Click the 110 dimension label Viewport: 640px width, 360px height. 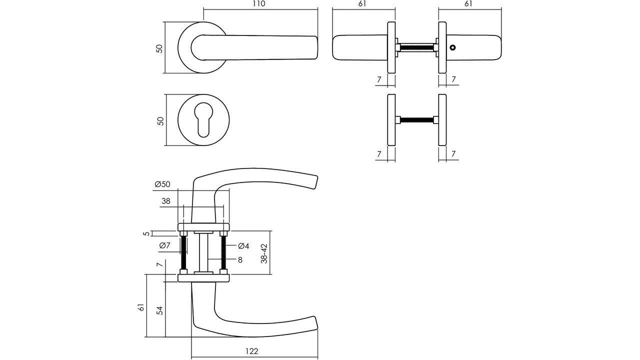click(x=258, y=4)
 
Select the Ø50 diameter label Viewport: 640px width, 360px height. click(x=162, y=184)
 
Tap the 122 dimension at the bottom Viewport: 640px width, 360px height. click(x=252, y=351)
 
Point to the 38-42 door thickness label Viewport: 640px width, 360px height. click(x=264, y=253)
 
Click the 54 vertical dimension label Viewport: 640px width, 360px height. click(x=160, y=310)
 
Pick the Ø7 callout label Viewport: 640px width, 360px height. click(x=165, y=245)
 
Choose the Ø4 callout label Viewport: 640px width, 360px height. click(x=243, y=246)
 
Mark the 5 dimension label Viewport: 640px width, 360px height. click(x=146, y=233)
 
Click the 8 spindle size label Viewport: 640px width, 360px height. click(x=240, y=259)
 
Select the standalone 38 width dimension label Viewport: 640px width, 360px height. click(x=166, y=201)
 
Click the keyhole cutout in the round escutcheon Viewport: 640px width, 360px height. click(x=203, y=119)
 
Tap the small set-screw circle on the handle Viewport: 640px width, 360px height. click(x=452, y=48)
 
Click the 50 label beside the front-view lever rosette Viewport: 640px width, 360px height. click(x=160, y=48)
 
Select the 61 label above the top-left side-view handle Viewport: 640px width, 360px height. click(x=362, y=4)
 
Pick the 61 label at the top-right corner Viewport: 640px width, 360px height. click(x=468, y=4)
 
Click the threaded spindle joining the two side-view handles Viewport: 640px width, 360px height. click(x=416, y=48)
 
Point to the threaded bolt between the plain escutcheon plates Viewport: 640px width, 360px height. click(x=416, y=120)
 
